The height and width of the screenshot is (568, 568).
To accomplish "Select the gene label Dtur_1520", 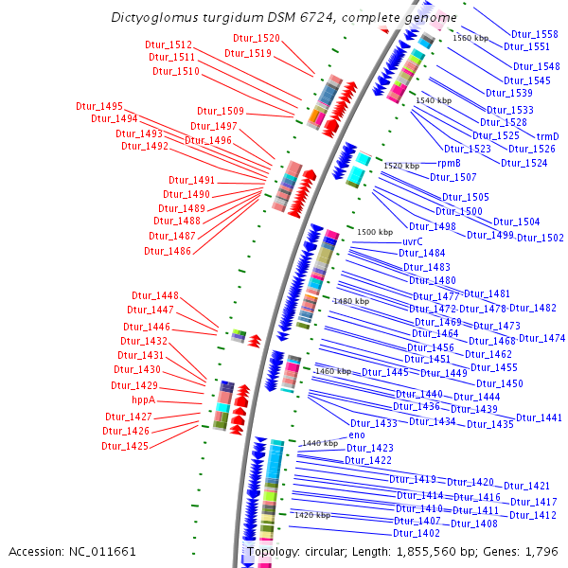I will (x=257, y=38).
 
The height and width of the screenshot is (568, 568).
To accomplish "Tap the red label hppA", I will (x=143, y=400).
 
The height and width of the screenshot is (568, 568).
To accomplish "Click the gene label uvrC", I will (x=412, y=241).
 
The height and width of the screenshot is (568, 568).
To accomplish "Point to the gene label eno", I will (x=357, y=435).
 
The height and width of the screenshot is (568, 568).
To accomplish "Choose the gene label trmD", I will (x=548, y=136).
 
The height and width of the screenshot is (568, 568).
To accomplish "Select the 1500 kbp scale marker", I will (x=374, y=232).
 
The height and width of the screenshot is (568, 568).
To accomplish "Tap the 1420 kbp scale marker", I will (x=311, y=515).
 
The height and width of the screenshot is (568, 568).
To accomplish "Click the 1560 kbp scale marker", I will (x=470, y=38).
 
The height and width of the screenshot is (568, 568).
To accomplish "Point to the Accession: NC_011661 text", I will (x=73, y=551).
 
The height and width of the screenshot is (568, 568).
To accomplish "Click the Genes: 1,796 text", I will (x=528, y=551).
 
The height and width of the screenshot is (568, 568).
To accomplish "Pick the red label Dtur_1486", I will (x=168, y=251).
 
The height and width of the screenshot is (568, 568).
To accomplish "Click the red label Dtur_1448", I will (x=154, y=295).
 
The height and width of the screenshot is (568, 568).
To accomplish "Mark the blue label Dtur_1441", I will (x=539, y=417).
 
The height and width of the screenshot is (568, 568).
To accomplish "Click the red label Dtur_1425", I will (x=126, y=446).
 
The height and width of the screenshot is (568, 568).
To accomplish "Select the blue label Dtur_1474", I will (x=541, y=338).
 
